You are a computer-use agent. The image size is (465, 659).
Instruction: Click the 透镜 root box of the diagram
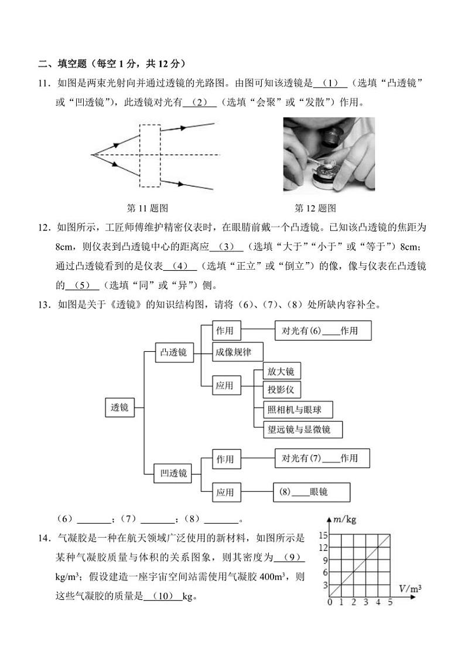[x=119, y=407]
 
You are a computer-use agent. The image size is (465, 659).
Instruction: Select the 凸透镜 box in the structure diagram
[x=173, y=352]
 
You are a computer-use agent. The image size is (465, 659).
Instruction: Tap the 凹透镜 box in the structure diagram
[x=173, y=473]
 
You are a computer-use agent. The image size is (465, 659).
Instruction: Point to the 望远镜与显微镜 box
[x=303, y=429]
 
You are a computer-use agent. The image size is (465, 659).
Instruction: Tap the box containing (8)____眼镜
[x=311, y=492]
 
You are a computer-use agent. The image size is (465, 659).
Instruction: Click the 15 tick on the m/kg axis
[x=323, y=535]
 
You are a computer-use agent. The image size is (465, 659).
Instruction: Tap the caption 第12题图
[x=315, y=208]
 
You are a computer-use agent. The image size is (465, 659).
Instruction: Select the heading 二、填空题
[x=62, y=64]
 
